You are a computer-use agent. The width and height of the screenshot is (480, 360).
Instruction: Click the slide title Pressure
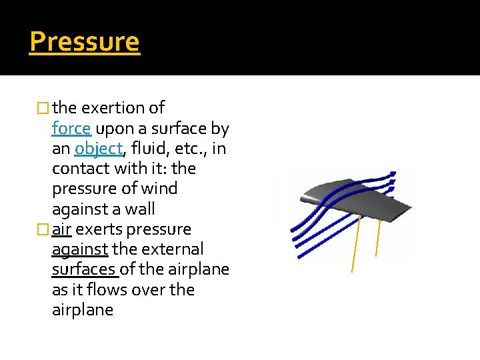click(x=85, y=41)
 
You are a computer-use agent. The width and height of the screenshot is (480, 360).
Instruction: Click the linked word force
click(x=71, y=128)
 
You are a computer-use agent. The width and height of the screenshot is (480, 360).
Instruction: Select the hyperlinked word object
click(x=99, y=148)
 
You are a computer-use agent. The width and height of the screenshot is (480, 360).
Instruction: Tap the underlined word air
click(x=62, y=229)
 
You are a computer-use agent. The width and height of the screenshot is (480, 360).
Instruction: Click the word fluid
click(x=150, y=148)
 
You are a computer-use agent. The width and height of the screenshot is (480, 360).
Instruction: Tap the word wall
click(x=141, y=209)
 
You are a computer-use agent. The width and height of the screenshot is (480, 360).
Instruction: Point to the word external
click(x=175, y=249)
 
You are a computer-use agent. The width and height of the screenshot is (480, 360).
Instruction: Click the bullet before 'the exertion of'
click(x=44, y=108)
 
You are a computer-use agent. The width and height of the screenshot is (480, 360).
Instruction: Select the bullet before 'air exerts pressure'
click(x=44, y=229)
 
